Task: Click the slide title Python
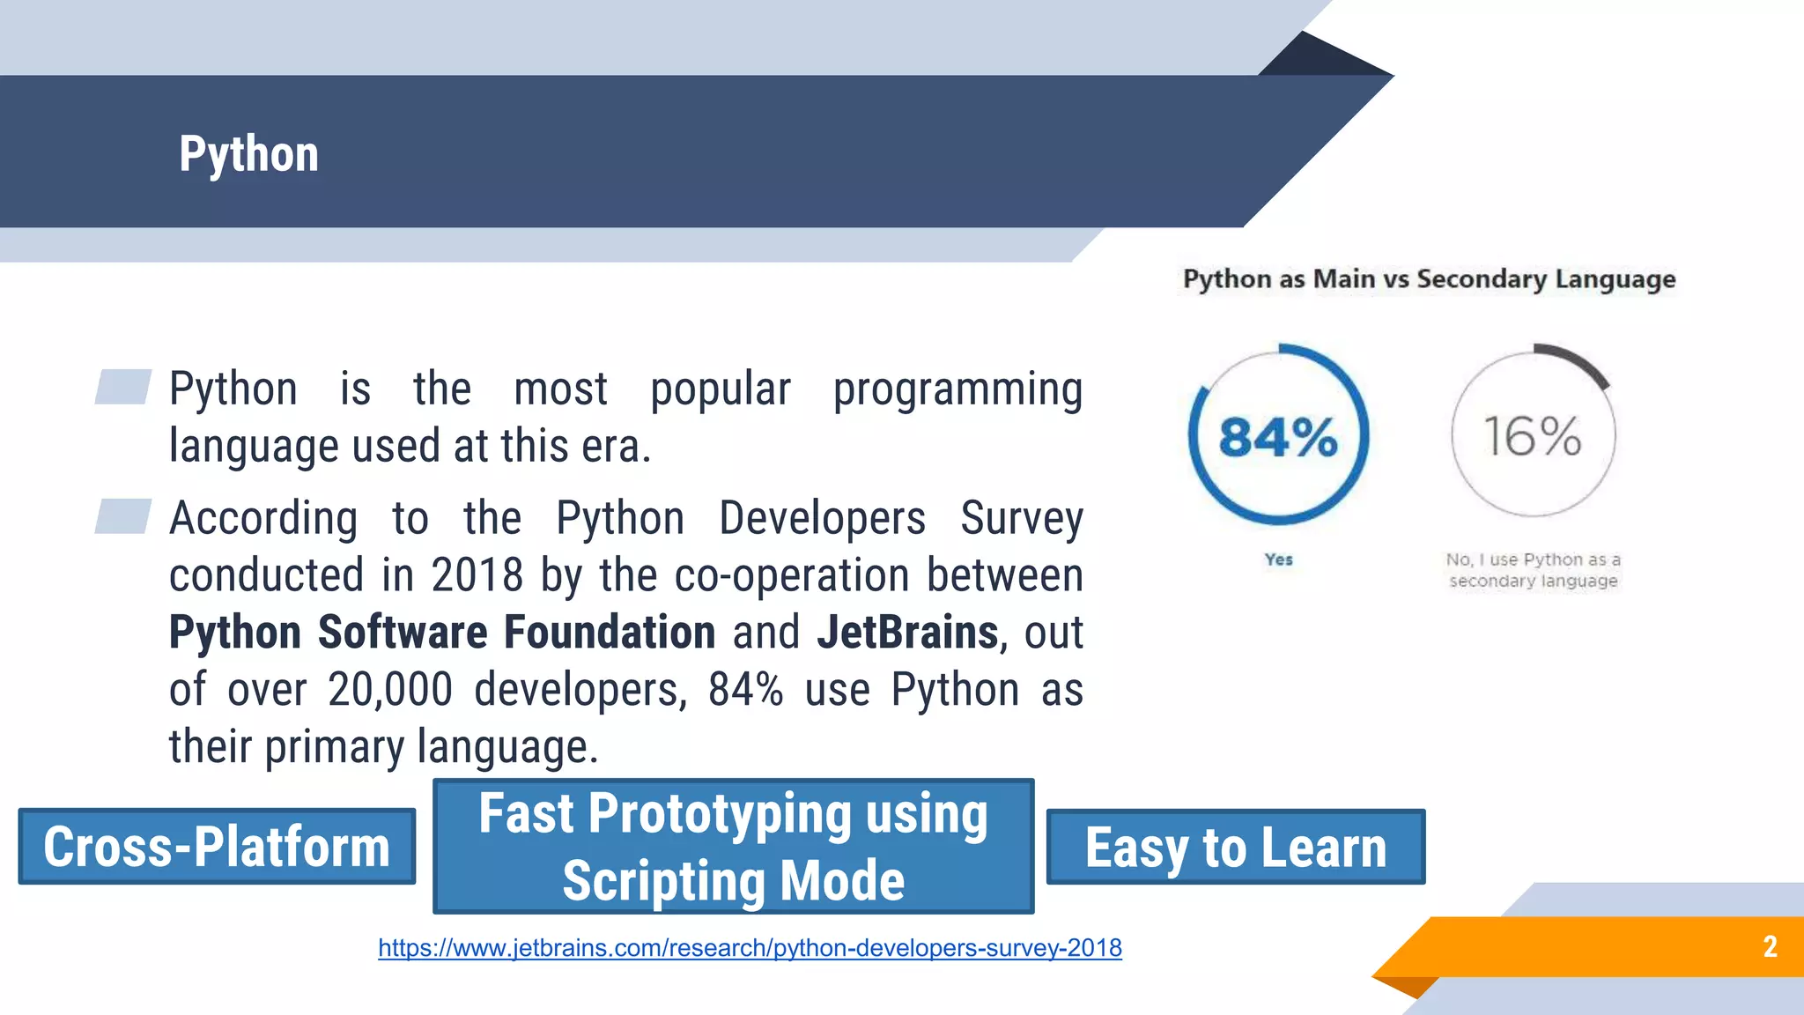click(248, 154)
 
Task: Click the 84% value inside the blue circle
click(1278, 437)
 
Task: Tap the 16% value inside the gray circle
click(1533, 436)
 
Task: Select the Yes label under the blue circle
click(1278, 559)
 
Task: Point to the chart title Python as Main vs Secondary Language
click(1429, 279)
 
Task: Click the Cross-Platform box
click(217, 847)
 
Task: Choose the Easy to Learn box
click(1235, 848)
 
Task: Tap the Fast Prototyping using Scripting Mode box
click(733, 846)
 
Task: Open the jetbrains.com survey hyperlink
click(750, 948)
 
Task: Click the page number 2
click(1770, 946)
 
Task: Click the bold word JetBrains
click(907, 633)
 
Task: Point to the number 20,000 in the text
click(390, 690)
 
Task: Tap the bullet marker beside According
click(123, 516)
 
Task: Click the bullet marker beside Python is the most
click(123, 387)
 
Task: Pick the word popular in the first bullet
click(720, 389)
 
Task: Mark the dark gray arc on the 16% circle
click(1578, 359)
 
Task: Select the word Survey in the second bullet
click(1021, 518)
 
